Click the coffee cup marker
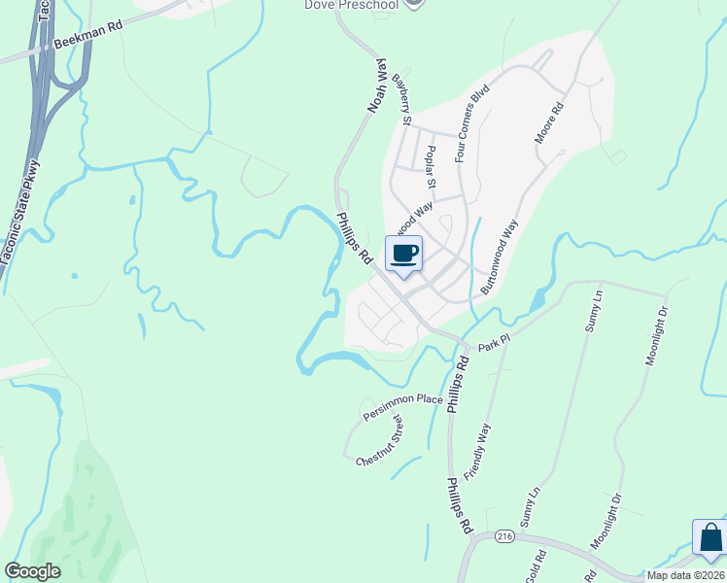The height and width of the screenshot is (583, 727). (404, 255)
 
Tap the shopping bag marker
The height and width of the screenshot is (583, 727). (710, 537)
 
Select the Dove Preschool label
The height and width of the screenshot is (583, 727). (353, 5)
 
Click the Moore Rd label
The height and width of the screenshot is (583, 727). (549, 123)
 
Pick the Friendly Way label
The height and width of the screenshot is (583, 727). (477, 451)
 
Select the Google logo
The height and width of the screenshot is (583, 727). (33, 571)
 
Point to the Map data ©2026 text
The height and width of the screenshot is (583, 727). (685, 575)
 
